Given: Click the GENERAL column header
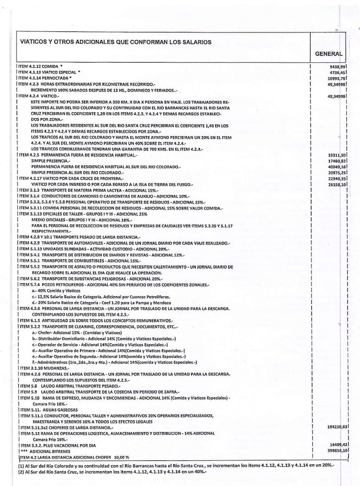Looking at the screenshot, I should (328, 54).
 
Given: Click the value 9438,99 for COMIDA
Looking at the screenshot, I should (337, 66).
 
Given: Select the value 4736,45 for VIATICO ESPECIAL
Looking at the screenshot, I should (337, 72).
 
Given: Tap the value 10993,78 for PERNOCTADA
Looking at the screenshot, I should (336, 78).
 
